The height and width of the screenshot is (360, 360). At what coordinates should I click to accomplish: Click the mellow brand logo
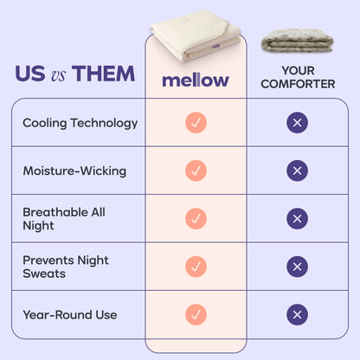pos(196,80)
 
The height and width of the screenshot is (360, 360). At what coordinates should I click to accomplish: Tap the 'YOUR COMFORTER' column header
pos(297,79)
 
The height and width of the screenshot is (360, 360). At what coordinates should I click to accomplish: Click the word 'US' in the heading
pos(30,74)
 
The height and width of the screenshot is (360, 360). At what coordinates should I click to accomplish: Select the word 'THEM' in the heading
pos(103,74)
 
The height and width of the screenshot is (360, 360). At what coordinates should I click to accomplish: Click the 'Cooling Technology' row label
pos(80,123)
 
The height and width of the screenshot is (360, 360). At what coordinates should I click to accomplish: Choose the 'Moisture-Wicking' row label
pos(74,170)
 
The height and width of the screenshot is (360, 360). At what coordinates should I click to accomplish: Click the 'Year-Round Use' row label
pos(70,314)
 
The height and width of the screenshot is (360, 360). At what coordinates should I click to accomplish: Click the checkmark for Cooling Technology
pos(196,123)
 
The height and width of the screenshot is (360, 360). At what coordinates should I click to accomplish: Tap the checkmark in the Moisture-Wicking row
pos(196,170)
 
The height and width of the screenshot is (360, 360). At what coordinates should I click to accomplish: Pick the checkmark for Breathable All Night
pos(196,218)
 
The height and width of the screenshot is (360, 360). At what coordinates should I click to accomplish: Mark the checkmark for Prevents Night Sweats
pos(196,267)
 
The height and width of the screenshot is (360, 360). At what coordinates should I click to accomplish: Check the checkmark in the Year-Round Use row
pos(196,314)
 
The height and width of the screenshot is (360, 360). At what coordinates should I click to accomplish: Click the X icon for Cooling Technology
pos(297,123)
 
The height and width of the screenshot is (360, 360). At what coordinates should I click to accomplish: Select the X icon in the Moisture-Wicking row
pos(297,170)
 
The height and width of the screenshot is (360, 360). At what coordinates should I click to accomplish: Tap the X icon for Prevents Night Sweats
pos(297,267)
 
